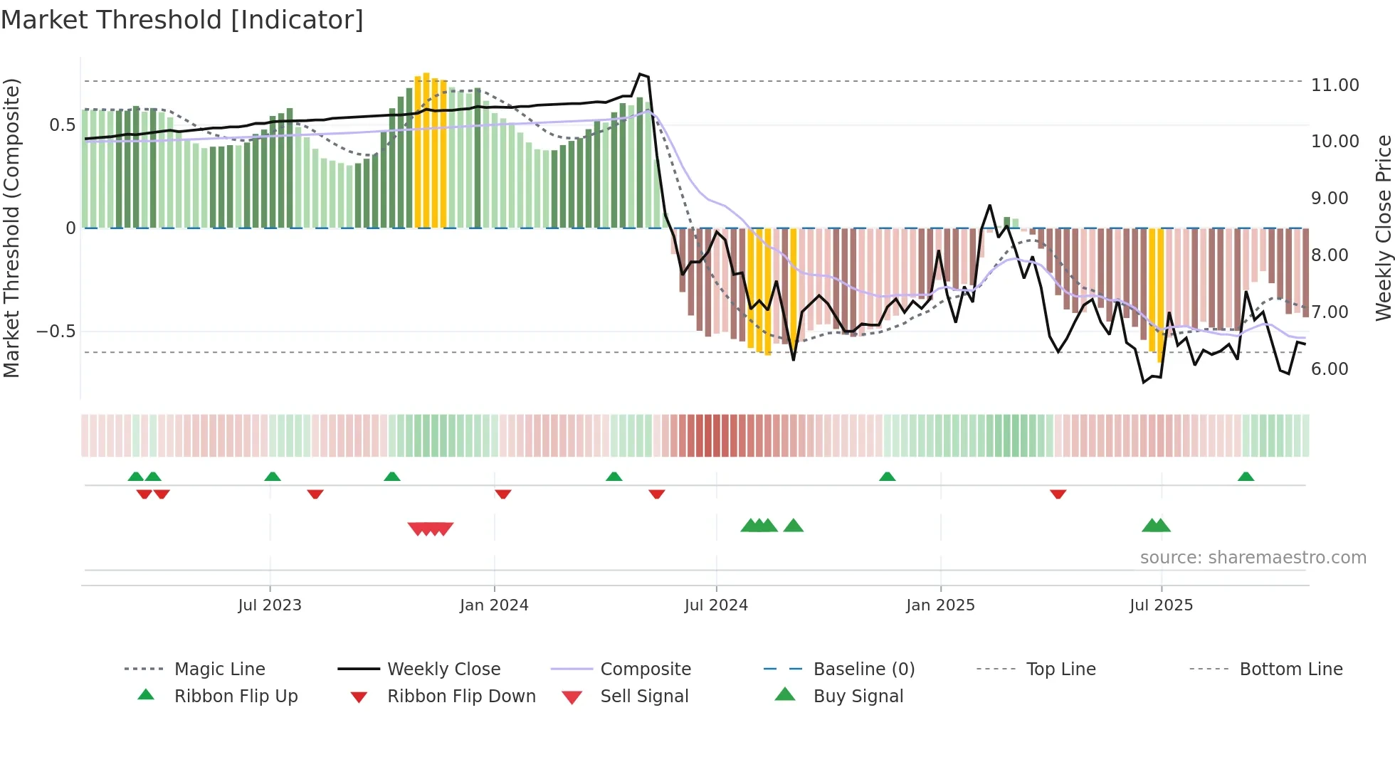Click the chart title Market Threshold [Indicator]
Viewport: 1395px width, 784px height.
[x=182, y=20]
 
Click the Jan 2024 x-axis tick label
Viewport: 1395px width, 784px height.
[x=494, y=605]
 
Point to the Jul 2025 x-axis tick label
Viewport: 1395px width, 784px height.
[x=1161, y=605]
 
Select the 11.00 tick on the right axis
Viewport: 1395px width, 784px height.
[x=1335, y=85]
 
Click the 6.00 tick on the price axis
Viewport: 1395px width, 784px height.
[x=1330, y=369]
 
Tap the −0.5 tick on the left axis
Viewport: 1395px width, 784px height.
[x=56, y=332]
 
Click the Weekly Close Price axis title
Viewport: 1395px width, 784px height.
[x=1383, y=228]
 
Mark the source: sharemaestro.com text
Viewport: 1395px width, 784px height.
[x=1253, y=558]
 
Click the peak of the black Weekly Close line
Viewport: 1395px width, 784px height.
[x=641, y=74]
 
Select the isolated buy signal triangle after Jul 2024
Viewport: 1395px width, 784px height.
[x=793, y=526]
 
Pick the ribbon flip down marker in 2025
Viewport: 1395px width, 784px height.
[x=1058, y=494]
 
